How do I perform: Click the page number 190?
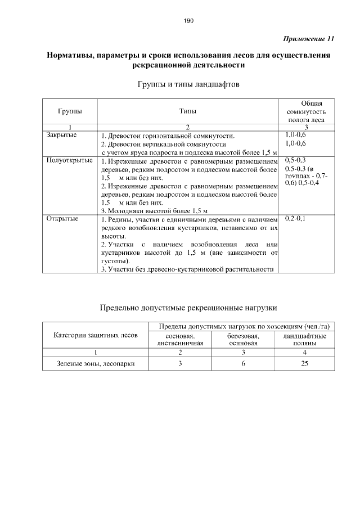tap(188, 21)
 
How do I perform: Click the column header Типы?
tap(188, 111)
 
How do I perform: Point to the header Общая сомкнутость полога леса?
tap(304, 111)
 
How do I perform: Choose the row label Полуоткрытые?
tap(69, 160)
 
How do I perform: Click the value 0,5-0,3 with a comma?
tap(295, 160)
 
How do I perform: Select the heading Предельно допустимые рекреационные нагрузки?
tap(188, 308)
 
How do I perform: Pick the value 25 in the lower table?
tap(305, 364)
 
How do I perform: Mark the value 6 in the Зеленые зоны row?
tap(243, 364)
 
